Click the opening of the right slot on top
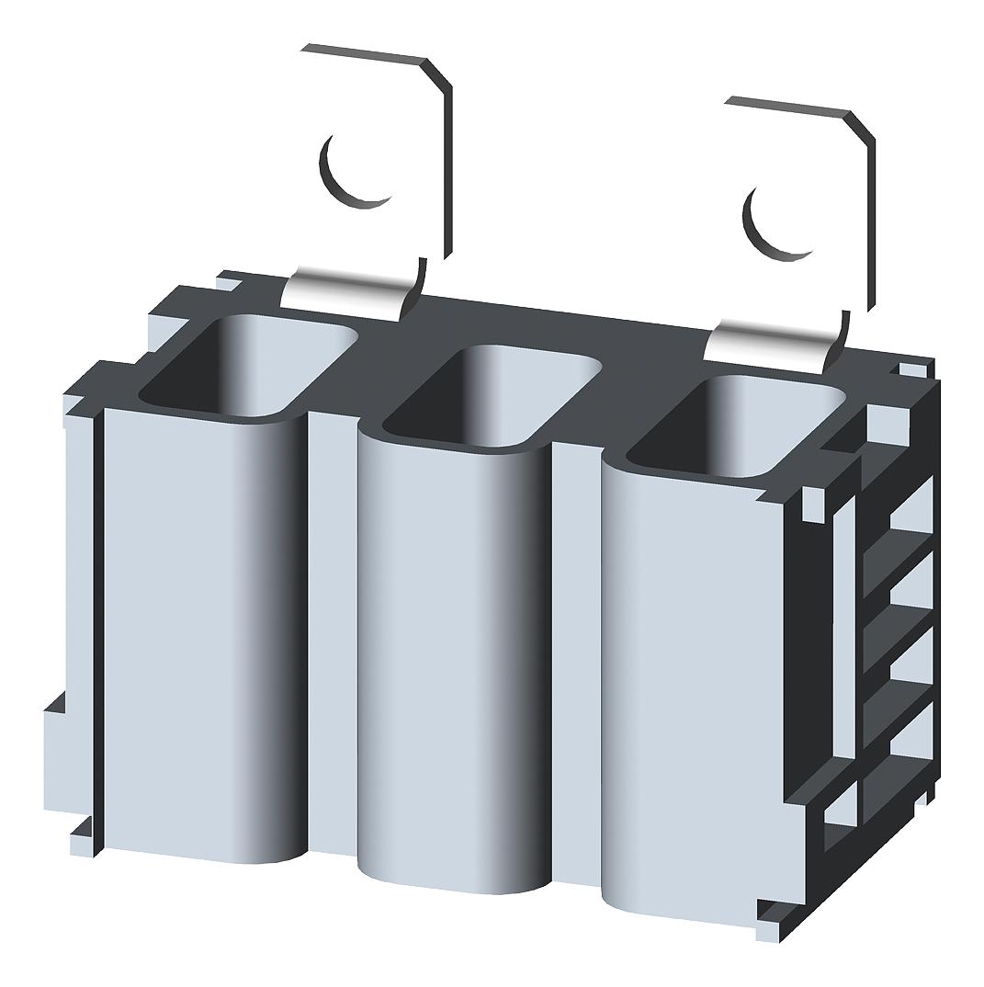tap(735, 427)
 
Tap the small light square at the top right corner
tap(911, 370)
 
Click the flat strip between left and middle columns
tap(331, 634)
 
